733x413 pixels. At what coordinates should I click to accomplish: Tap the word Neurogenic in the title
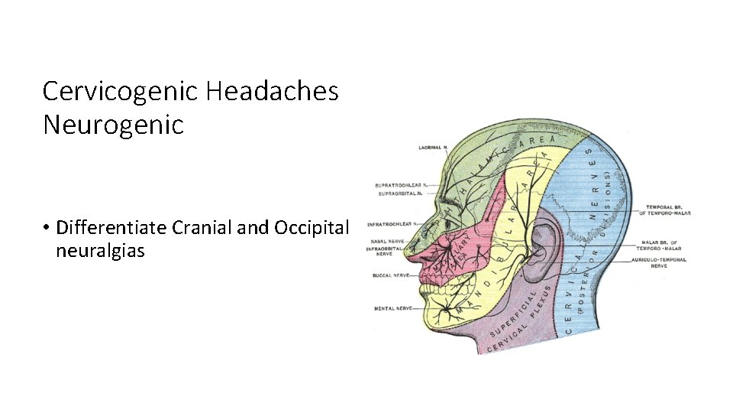tap(114, 125)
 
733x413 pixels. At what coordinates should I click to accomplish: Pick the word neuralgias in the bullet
tap(100, 250)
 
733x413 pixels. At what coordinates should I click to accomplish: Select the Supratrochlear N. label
tap(400, 185)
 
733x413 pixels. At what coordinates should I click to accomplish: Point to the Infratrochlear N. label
tap(389, 225)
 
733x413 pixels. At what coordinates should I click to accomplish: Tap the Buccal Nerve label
tap(389, 275)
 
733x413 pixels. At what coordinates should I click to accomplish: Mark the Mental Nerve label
tap(391, 309)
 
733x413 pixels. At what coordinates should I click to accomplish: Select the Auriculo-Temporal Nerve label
tap(660, 262)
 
